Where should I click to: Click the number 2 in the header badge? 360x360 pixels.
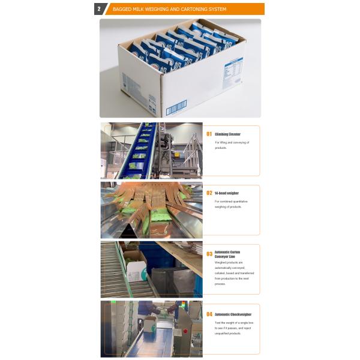[98, 9]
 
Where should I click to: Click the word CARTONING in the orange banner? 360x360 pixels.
[180, 9]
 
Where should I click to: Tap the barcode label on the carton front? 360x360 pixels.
[176, 109]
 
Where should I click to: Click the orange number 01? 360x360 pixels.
[209, 134]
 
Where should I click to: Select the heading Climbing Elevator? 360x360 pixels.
[227, 134]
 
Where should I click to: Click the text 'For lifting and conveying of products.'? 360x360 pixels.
[231, 145]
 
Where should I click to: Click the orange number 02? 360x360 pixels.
[209, 193]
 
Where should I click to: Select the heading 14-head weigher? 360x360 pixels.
[226, 193]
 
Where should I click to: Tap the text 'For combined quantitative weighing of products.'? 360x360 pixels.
[231, 204]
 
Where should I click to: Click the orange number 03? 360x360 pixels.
[209, 254]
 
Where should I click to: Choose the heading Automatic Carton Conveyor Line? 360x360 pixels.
[227, 254]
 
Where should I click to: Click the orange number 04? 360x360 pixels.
[209, 314]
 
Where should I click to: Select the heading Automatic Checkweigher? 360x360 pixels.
[233, 314]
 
